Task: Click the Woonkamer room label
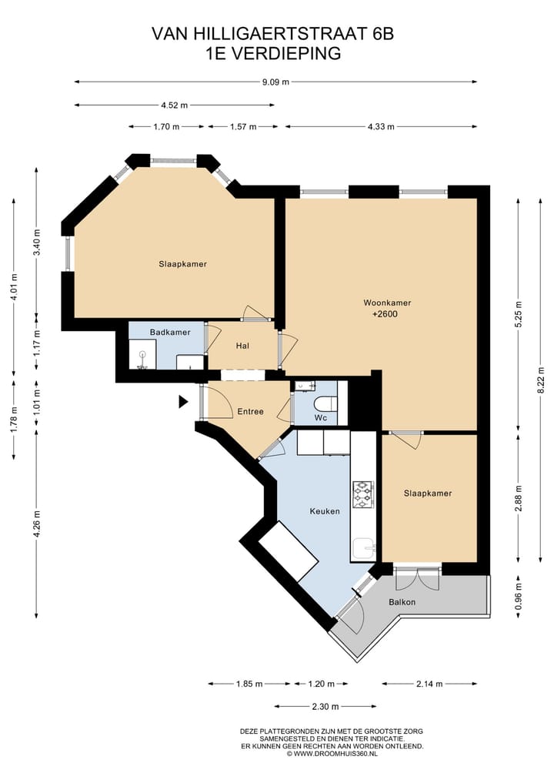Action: (x=387, y=303)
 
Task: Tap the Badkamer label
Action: (x=170, y=332)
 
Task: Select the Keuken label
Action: (x=325, y=511)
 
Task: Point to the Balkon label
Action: (x=402, y=602)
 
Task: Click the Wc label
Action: (x=320, y=417)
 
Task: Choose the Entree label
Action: (x=250, y=411)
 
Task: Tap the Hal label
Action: (x=242, y=346)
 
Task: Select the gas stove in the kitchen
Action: (x=362, y=494)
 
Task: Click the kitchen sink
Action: (x=363, y=549)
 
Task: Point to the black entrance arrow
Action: (x=183, y=401)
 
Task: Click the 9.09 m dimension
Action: (x=275, y=82)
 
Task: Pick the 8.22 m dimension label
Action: (x=540, y=380)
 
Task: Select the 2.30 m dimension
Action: (x=325, y=707)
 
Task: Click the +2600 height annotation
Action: (x=385, y=314)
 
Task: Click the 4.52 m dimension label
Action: (x=174, y=105)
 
